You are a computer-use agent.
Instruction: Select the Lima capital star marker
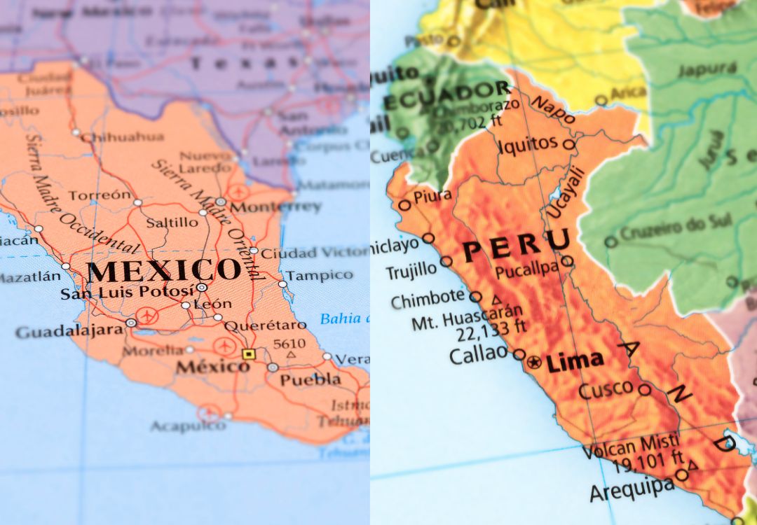coord(535,363)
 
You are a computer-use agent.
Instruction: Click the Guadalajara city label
coord(69,331)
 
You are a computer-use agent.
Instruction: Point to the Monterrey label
coord(275,207)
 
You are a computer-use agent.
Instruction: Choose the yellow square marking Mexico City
coord(247,354)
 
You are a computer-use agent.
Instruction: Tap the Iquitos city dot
coord(568,146)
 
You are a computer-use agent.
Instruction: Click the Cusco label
coord(606,391)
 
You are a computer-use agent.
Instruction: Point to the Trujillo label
coord(411,272)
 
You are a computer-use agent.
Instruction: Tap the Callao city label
coord(478,355)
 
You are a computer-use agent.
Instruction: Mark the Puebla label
coord(310,379)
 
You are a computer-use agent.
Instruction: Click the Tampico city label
coord(319,274)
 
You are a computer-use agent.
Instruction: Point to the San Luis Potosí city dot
coord(202,287)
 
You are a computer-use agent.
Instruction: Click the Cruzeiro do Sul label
coord(666,230)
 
